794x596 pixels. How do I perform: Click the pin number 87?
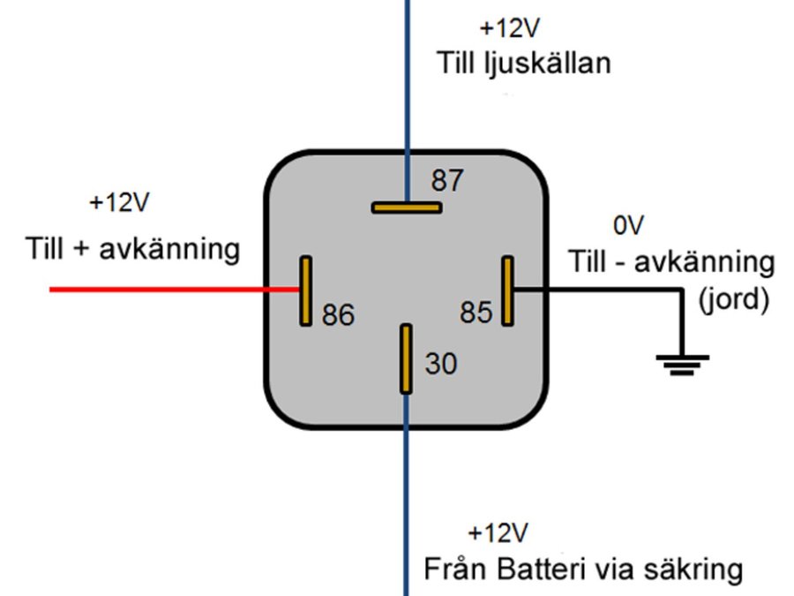[x=446, y=182]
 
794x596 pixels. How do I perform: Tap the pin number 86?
[x=338, y=315]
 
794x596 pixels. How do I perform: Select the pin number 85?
[x=476, y=313]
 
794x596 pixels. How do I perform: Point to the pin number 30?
[x=441, y=364]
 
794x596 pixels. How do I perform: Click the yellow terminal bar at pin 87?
[x=406, y=207]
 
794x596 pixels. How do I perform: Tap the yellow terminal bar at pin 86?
[x=305, y=290]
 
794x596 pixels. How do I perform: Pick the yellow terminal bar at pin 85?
[x=507, y=290]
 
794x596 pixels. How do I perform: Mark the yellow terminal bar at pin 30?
[x=406, y=358]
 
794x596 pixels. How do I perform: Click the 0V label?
[x=631, y=227]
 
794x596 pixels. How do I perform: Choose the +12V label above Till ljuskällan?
[x=509, y=29]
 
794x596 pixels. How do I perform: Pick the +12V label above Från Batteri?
[x=498, y=534]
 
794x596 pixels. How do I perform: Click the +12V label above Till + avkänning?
[x=121, y=203]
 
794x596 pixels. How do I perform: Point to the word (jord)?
[x=733, y=300]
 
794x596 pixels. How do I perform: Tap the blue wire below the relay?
[x=406, y=494]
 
